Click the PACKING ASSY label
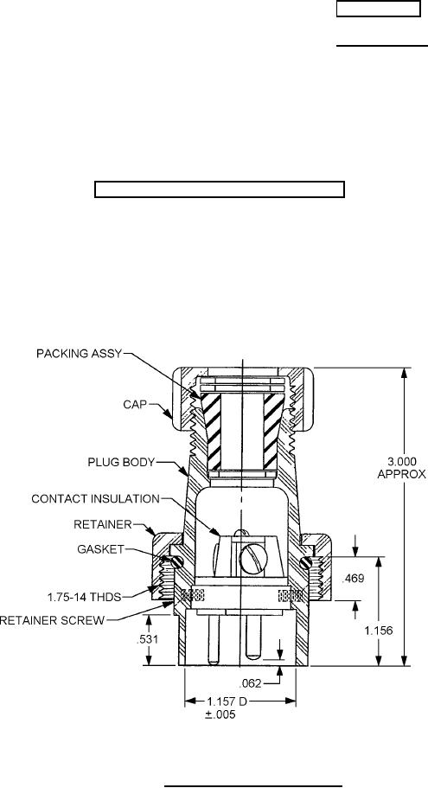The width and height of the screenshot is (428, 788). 80,354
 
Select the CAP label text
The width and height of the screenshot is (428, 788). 136,404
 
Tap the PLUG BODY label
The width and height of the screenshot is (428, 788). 121,463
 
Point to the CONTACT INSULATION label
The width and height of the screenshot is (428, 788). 95,499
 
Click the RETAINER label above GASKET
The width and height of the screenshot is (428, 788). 103,525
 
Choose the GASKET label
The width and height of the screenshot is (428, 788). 100,549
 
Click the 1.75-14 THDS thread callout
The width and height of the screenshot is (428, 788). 85,597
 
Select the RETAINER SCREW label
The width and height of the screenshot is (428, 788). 52,620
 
